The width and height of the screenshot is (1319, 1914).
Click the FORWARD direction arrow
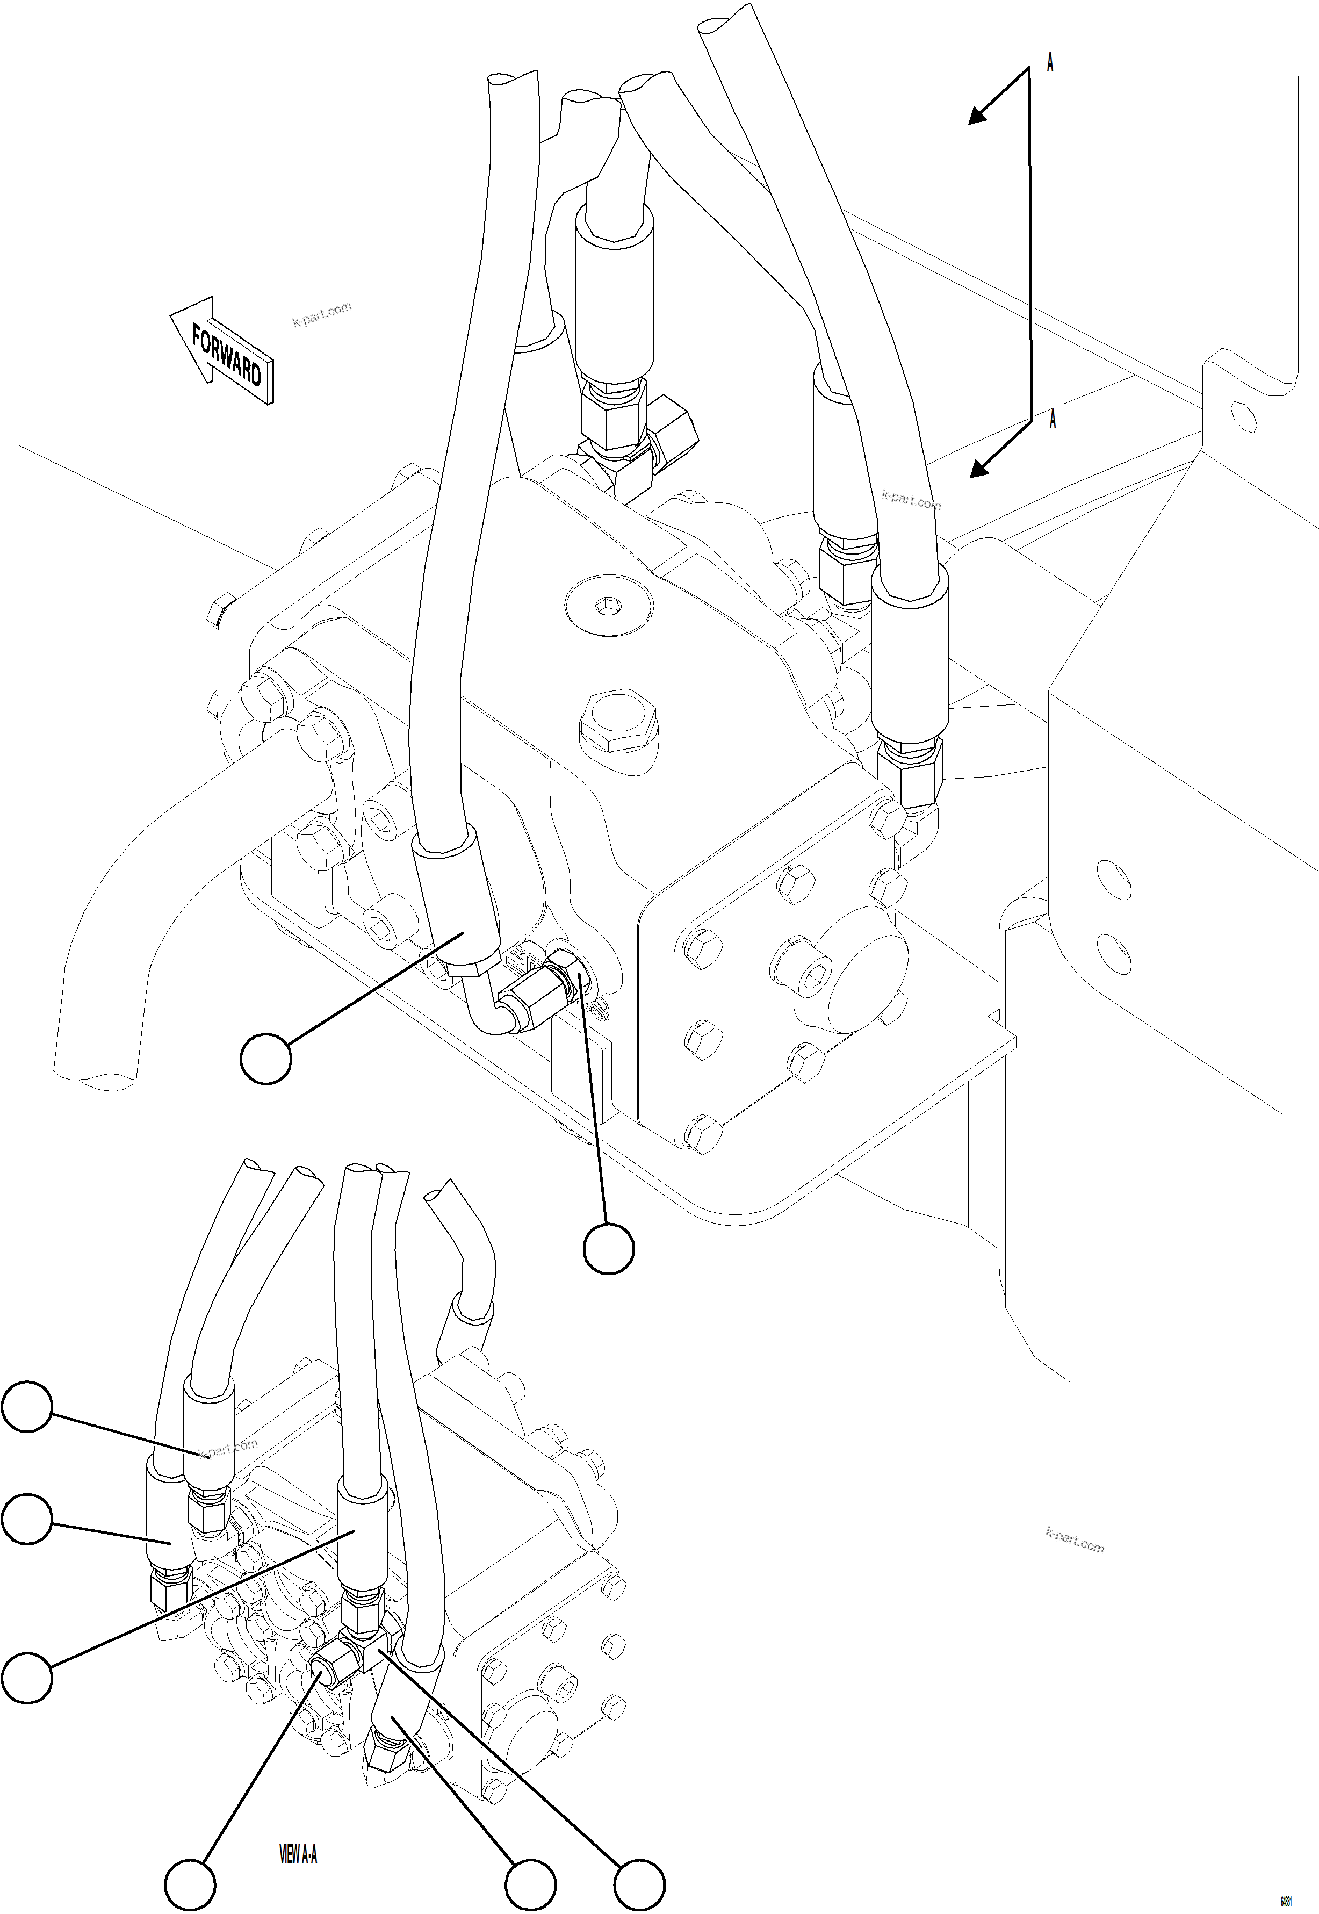[221, 351]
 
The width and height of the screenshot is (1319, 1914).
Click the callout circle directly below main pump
[608, 1249]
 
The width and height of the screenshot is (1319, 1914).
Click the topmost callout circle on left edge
[27, 1406]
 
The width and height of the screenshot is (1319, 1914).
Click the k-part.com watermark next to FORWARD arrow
[321, 315]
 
